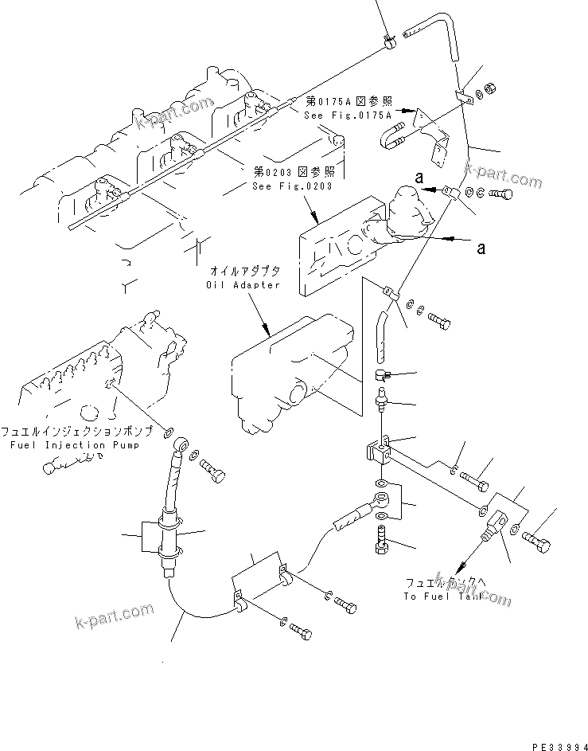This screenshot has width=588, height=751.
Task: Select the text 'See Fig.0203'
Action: click(291, 186)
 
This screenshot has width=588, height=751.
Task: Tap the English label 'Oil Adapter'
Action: click(243, 284)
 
